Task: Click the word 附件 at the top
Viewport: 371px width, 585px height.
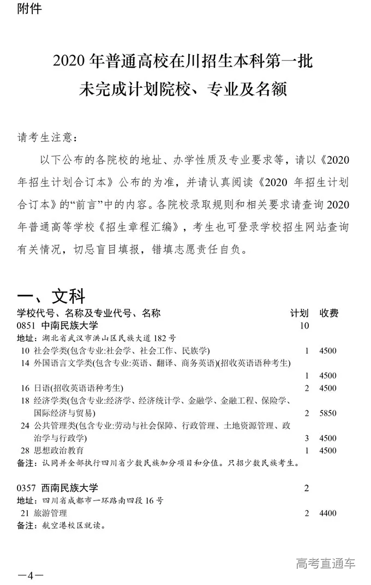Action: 29,9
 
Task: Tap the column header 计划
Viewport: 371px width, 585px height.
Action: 299,313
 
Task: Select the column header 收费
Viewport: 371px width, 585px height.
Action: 329,313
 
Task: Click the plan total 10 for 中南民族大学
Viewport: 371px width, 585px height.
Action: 304,326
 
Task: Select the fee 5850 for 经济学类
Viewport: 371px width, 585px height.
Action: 328,413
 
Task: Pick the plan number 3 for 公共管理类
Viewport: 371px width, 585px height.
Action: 307,438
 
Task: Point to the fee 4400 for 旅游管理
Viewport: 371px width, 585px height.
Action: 328,513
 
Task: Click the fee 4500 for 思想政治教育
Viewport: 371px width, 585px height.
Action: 328,451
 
